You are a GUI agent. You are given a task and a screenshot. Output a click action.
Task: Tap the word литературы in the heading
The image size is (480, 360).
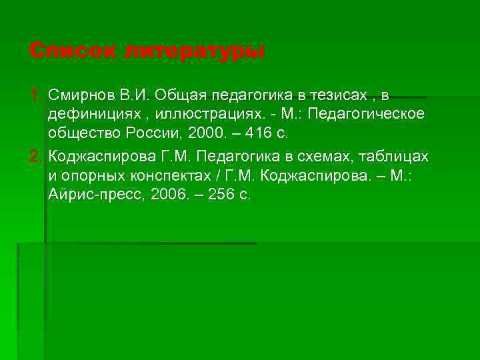[x=194, y=51]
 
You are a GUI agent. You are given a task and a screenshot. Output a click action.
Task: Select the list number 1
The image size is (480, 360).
[x=36, y=95]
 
